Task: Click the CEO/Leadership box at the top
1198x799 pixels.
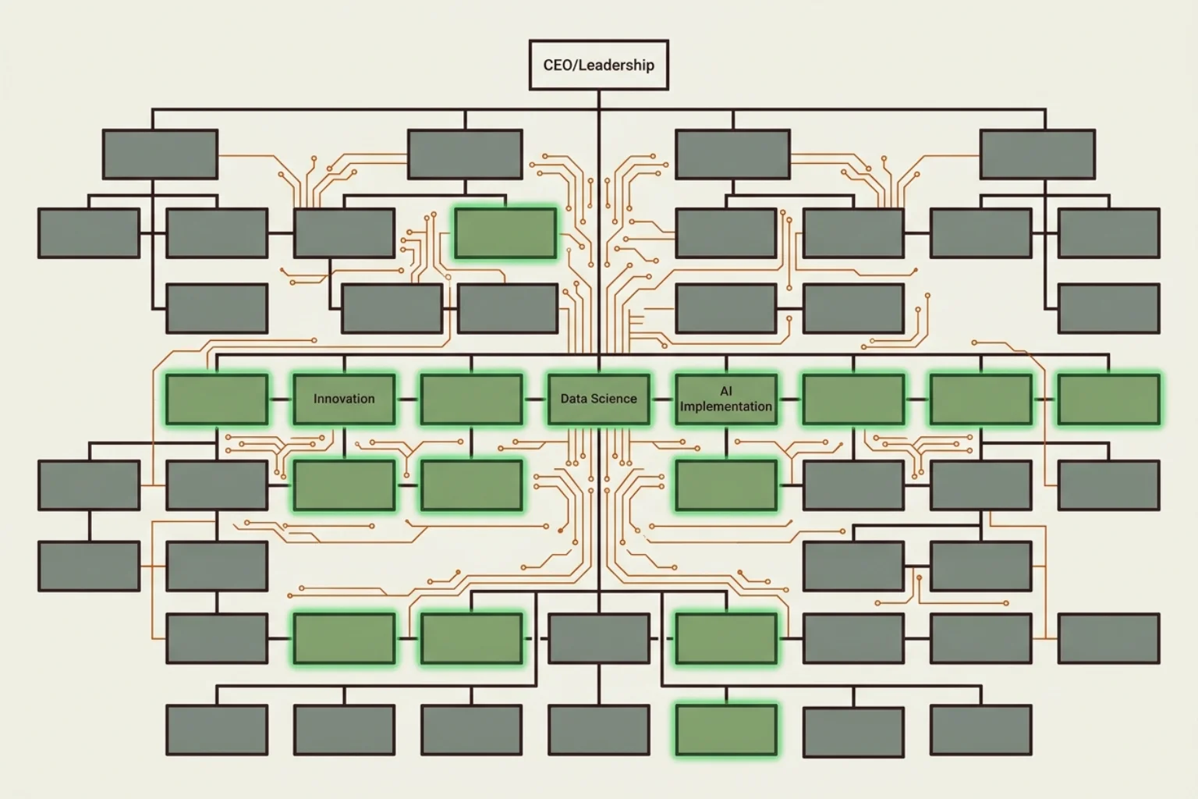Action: click(598, 65)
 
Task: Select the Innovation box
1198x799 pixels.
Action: click(344, 399)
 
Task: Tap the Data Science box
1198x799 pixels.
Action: click(598, 399)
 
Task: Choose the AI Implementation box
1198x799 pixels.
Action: click(725, 399)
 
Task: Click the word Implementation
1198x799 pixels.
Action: click(725, 407)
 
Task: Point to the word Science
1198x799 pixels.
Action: click(617, 399)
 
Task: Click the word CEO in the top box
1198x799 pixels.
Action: click(557, 65)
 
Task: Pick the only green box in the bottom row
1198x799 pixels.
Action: click(725, 730)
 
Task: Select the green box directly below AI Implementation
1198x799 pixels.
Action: click(725, 485)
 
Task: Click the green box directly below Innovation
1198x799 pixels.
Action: click(344, 485)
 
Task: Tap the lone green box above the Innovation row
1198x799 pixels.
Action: click(505, 233)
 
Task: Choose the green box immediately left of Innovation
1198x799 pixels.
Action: click(216, 399)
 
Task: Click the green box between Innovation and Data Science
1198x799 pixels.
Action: click(471, 399)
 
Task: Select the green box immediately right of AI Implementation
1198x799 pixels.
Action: click(853, 399)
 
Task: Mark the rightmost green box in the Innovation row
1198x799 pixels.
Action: click(1108, 399)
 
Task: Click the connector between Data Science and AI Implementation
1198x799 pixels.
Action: click(662, 399)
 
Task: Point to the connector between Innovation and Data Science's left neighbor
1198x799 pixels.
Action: click(407, 399)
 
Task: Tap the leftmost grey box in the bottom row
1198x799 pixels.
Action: click(216, 730)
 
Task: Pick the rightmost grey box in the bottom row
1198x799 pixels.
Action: click(980, 730)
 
